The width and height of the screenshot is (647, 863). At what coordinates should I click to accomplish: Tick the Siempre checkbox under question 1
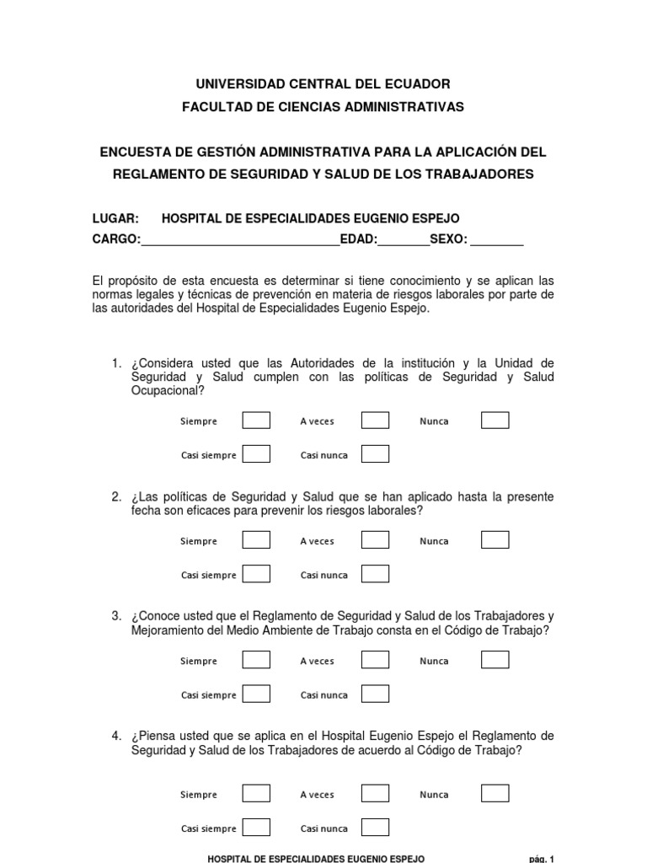256,421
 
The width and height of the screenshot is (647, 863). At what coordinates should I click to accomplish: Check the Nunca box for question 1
495,421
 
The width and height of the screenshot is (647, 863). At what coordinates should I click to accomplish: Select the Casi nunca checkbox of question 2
375,575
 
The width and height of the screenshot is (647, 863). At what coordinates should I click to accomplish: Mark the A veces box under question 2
375,540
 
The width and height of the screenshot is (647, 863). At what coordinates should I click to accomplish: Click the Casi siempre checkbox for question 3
256,694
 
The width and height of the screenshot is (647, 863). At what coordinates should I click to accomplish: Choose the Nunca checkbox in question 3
495,660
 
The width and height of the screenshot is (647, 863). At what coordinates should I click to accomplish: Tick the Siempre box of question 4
256,794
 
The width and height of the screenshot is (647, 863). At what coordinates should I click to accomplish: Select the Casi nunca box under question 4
375,828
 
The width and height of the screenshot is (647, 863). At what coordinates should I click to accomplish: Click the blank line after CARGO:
240,240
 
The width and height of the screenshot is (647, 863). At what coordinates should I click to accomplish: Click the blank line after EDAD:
404,240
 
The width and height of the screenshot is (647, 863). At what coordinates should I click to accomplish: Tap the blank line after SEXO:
497,240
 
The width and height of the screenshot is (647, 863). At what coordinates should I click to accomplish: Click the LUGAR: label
115,218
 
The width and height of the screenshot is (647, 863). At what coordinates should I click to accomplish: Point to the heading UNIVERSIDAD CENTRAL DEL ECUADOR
323,84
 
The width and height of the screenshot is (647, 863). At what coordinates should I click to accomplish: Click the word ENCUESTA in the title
134,153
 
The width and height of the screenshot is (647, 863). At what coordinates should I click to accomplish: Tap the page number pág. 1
542,859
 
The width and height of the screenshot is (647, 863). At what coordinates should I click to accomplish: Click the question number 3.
117,617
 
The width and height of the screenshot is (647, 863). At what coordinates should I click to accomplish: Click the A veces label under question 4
317,795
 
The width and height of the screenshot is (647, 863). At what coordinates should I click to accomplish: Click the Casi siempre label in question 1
209,456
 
